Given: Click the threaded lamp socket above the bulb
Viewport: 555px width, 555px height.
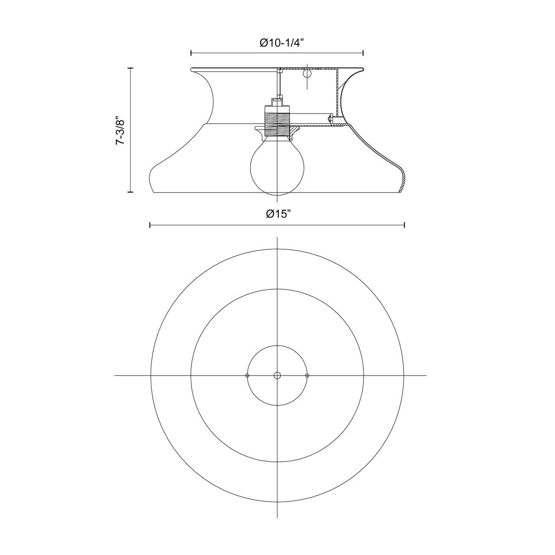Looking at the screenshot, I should [277, 123].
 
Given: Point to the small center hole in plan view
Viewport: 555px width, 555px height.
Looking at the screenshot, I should [277, 375].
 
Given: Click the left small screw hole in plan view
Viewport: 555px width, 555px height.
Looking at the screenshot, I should [247, 375].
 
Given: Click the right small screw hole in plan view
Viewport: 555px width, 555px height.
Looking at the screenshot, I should [307, 375].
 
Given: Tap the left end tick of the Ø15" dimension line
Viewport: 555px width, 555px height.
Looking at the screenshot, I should [150, 225].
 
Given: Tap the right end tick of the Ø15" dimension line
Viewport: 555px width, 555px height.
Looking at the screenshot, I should [404, 225].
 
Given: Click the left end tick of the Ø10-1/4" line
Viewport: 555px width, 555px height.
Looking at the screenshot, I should [191, 53].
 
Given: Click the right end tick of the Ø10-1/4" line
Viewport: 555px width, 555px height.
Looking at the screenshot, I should [363, 53].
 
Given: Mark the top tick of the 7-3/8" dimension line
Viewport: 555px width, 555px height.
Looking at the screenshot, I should [130, 68].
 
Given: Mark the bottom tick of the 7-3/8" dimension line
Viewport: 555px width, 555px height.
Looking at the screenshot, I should [130, 192].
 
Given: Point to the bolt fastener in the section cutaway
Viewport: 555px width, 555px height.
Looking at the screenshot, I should [331, 118].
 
